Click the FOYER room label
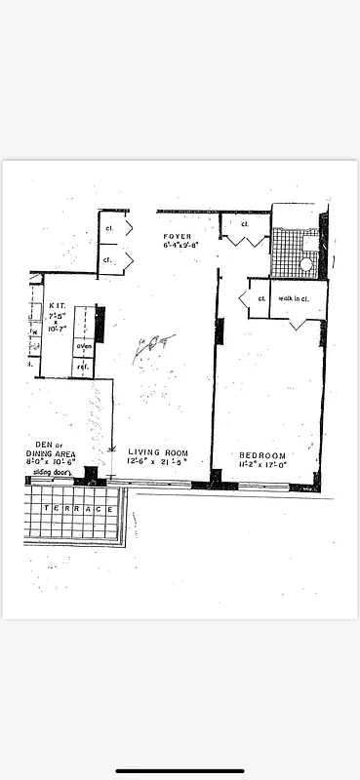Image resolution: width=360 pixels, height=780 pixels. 178,236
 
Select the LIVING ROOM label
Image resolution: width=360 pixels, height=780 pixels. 157,452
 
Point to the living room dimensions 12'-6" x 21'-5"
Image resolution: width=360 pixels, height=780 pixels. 157,462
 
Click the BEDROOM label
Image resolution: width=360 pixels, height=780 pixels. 262,455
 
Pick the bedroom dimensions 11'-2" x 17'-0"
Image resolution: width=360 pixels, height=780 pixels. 262,465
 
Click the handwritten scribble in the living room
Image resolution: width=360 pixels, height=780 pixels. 148,346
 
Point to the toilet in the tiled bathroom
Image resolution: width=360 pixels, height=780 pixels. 305,262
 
